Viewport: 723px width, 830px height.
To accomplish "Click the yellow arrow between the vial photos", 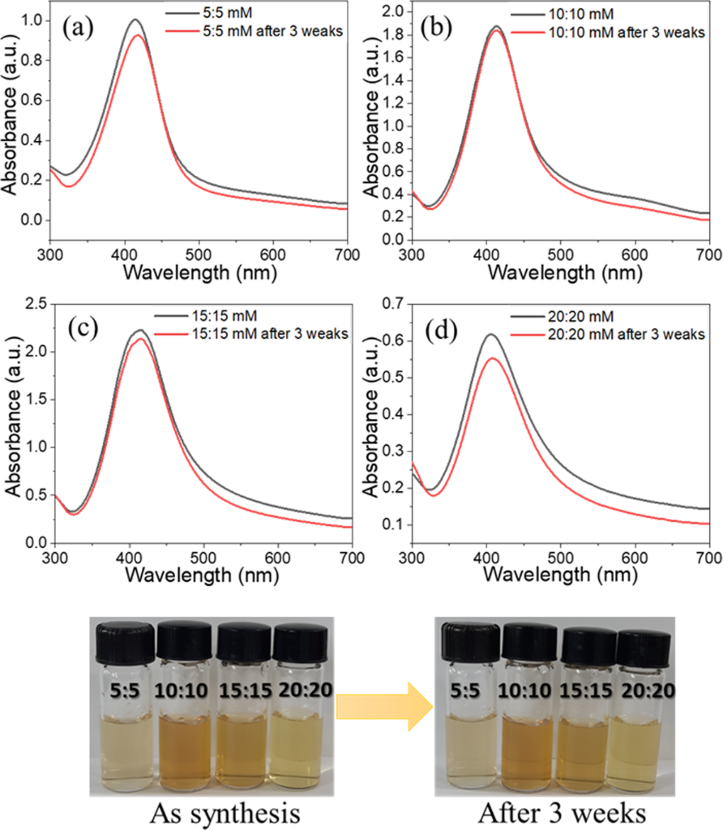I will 384,704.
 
